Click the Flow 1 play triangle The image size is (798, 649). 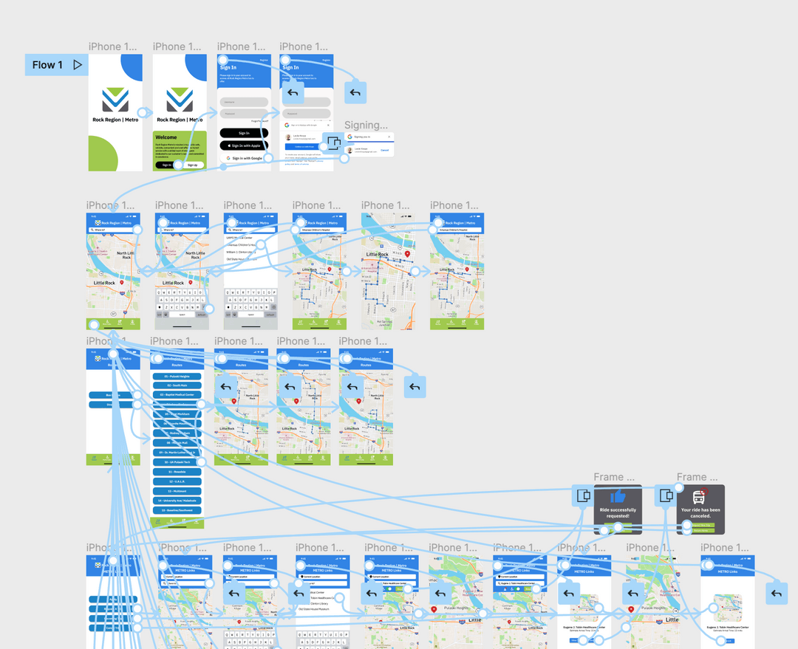click(x=78, y=65)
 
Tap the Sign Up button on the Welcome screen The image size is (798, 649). click(x=192, y=165)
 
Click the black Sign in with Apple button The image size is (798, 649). click(x=244, y=145)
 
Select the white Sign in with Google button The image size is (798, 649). click(x=244, y=158)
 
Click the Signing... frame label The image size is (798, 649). click(x=366, y=125)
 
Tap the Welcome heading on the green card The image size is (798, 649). click(x=166, y=137)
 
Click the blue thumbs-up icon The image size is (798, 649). click(x=618, y=497)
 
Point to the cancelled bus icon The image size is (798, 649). click(x=700, y=497)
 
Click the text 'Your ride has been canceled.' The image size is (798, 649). click(x=700, y=513)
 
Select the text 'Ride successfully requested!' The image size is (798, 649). click(x=618, y=513)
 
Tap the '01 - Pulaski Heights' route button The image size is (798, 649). click(x=177, y=376)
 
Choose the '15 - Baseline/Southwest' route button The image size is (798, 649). click(x=177, y=510)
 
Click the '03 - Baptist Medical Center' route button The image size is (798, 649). click(x=177, y=395)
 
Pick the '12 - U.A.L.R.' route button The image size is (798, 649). click(x=177, y=481)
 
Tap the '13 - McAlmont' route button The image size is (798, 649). click(x=177, y=491)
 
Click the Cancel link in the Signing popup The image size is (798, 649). click(x=384, y=150)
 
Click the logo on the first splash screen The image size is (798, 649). click(x=115, y=99)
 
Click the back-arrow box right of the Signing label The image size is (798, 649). click(x=355, y=92)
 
